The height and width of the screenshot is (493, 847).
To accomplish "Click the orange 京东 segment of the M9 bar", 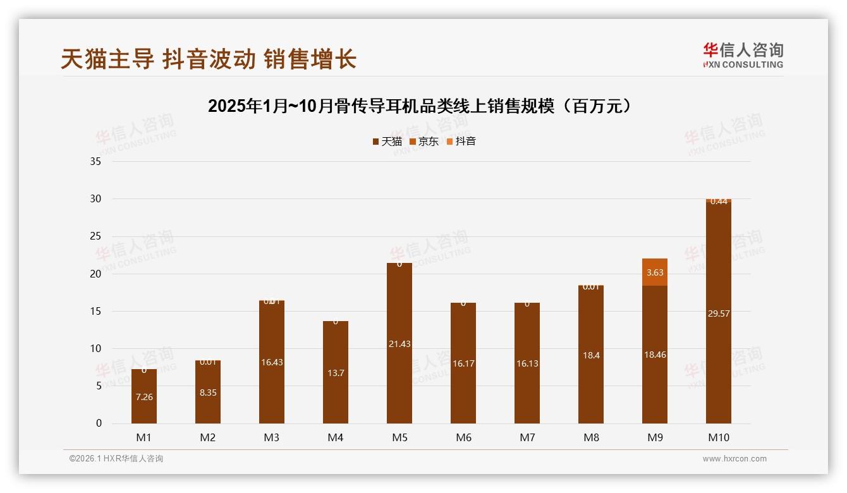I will tap(655, 272).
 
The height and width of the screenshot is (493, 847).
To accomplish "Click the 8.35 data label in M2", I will tap(208, 393).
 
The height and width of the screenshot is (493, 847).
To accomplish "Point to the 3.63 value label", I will tap(655, 272).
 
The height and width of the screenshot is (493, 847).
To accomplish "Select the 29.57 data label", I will tap(719, 313).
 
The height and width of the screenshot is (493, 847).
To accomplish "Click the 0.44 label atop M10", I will tap(719, 202).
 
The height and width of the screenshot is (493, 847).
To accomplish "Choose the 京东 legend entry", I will tap(424, 142).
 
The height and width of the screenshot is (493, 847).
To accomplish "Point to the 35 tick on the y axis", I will tap(96, 161).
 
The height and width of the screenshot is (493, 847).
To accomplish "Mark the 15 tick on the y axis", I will tap(96, 311).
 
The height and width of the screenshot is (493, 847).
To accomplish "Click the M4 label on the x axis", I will tap(336, 437).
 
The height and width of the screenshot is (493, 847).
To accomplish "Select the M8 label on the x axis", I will tap(591, 437).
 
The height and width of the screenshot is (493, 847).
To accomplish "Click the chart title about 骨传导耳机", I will tap(420, 106).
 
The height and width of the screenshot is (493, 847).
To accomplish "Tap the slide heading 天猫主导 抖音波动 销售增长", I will tap(209, 59).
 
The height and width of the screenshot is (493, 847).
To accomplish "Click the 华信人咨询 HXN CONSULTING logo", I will tap(743, 56).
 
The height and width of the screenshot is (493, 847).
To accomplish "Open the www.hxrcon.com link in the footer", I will tap(734, 459).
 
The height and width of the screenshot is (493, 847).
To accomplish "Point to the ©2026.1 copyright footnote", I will tap(116, 459).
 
